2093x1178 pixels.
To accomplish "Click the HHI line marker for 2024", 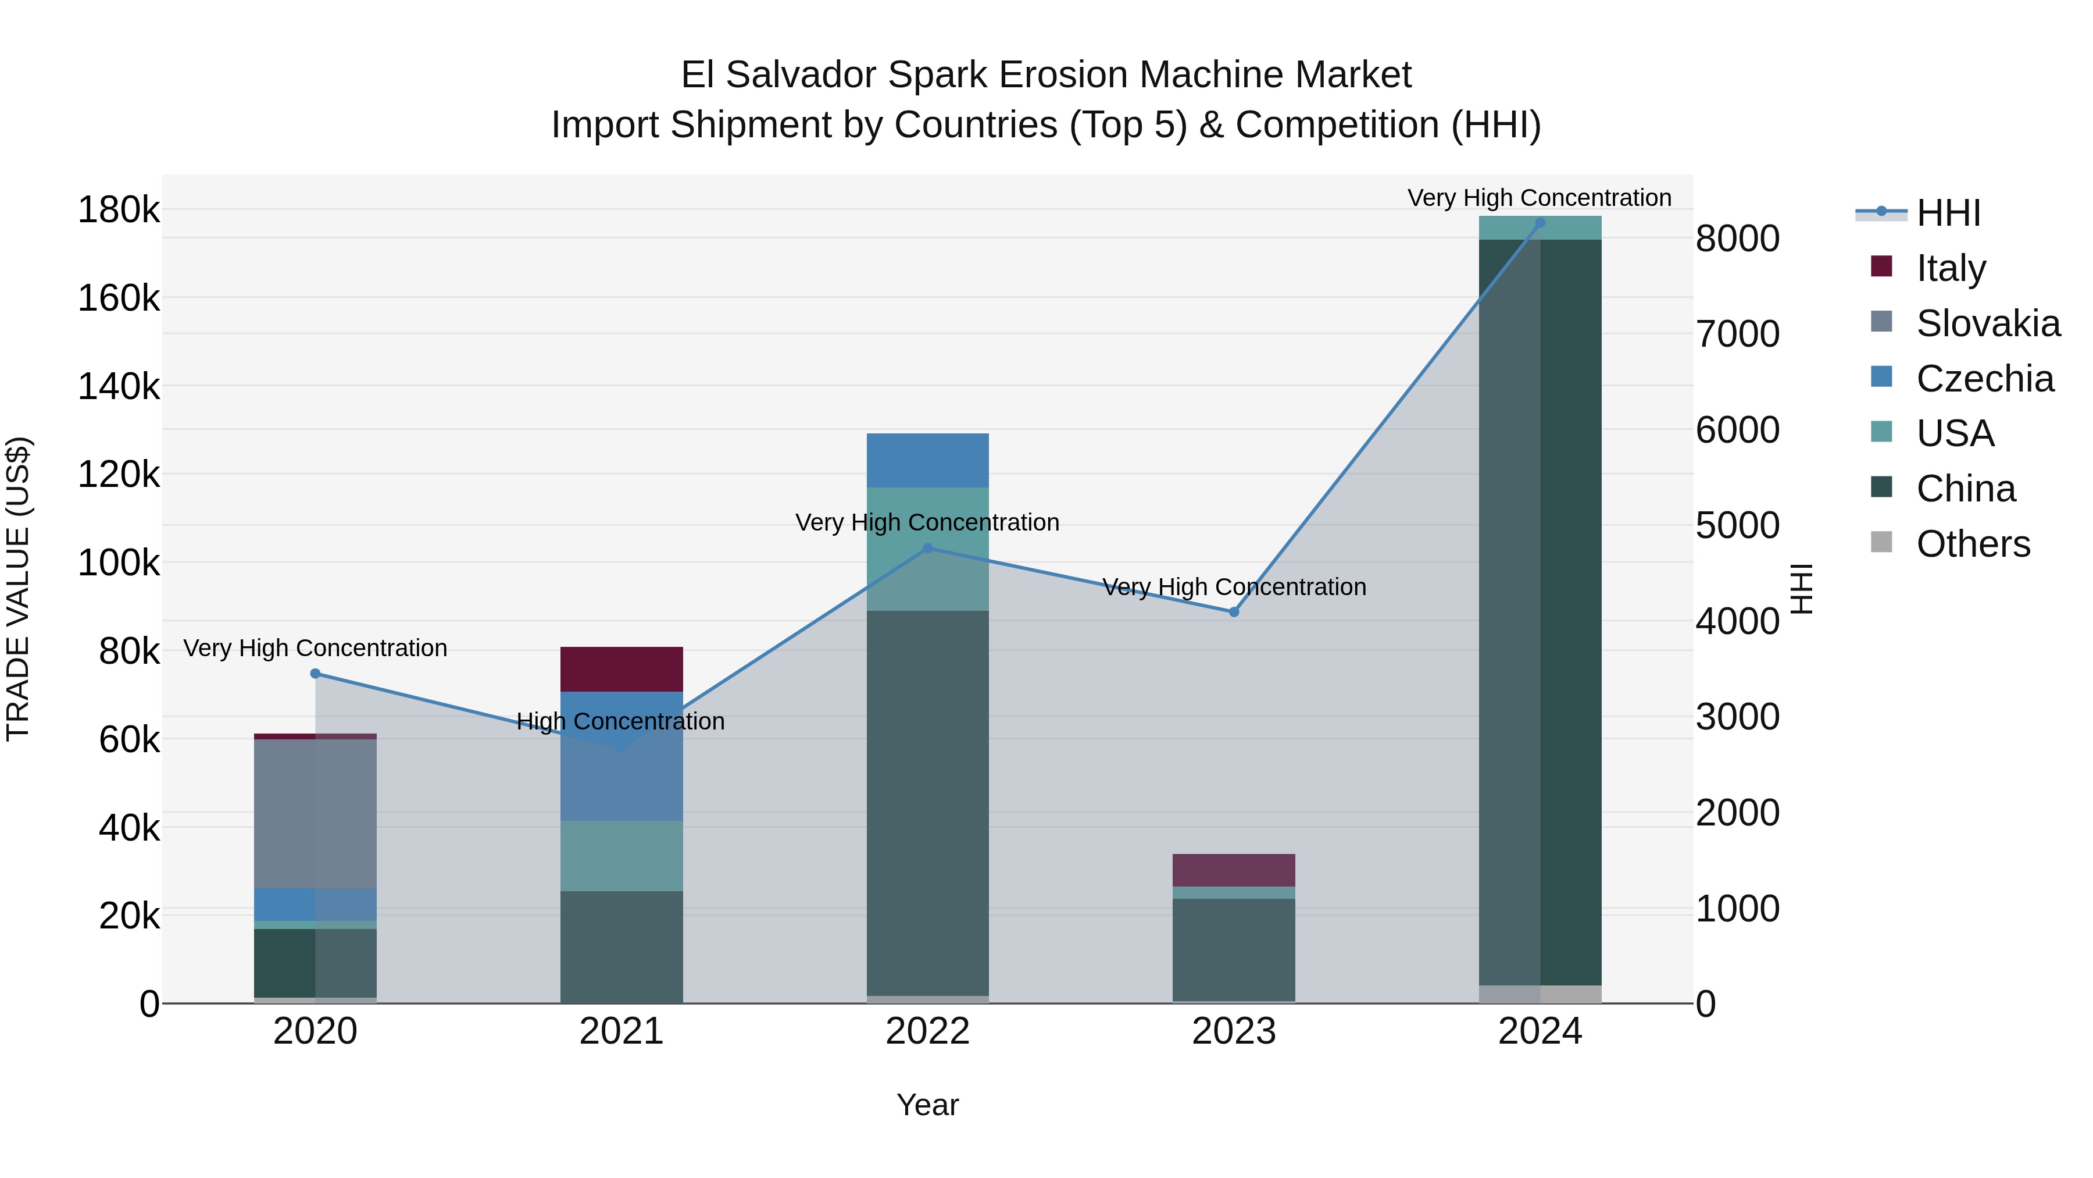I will pyautogui.click(x=1540, y=223).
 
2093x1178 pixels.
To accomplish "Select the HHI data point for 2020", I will pyautogui.click(x=315, y=673).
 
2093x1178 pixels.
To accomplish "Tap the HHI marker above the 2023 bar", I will pyautogui.click(x=1233, y=612).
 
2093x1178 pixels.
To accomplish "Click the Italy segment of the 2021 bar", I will pyautogui.click(x=622, y=669).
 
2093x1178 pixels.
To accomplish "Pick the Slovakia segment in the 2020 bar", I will pyautogui.click(x=315, y=813).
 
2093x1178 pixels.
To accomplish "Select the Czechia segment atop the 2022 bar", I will pyautogui.click(x=927, y=460).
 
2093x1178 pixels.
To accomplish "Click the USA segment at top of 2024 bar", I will pyautogui.click(x=1540, y=229).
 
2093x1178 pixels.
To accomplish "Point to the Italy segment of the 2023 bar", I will pyautogui.click(x=1233, y=870).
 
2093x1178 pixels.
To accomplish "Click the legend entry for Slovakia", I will pyautogui.click(x=1987, y=323).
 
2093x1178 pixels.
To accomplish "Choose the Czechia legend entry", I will pyautogui.click(x=1984, y=379).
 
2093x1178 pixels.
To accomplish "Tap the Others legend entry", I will pyautogui.click(x=1973, y=544).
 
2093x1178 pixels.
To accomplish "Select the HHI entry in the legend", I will pyautogui.click(x=1948, y=213).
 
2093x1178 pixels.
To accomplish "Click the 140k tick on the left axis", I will pyautogui.click(x=119, y=386).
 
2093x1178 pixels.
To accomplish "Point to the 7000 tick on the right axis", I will pyautogui.click(x=1737, y=334).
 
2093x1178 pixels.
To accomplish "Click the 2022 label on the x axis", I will pyautogui.click(x=927, y=1031).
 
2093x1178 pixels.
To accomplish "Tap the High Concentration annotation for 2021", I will pyautogui.click(x=621, y=721).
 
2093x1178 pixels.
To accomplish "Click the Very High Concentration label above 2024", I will pyautogui.click(x=1539, y=198).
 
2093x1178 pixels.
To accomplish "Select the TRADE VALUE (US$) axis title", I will pyautogui.click(x=18, y=589).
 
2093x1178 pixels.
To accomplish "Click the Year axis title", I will pyautogui.click(x=927, y=1105).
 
